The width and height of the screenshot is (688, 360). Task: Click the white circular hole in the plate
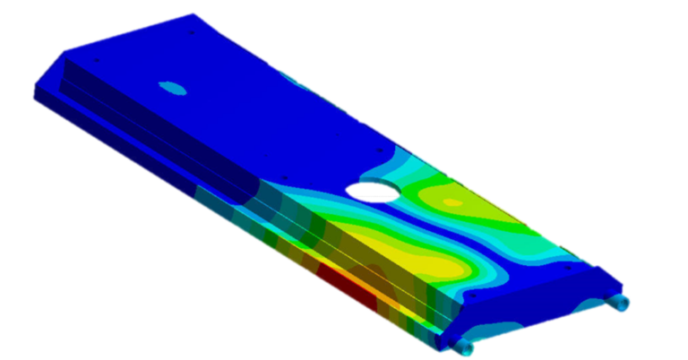372,189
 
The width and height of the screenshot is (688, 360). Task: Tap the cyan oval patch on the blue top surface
171,88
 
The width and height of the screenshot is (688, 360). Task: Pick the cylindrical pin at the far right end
621,304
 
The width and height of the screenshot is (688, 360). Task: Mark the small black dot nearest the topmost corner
191,34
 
